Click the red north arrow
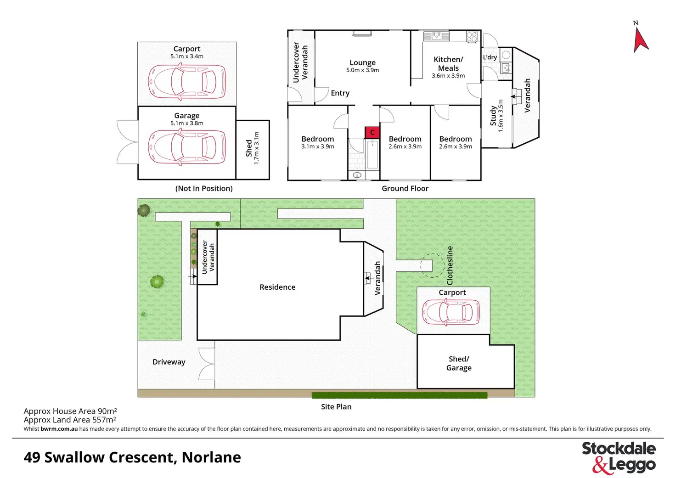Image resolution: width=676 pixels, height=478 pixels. [640, 40]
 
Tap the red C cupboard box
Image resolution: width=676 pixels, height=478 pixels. [372, 132]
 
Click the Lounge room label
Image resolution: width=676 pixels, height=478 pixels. [362, 63]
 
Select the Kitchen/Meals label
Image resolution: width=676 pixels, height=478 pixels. [448, 63]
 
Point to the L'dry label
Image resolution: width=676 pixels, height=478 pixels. [490, 57]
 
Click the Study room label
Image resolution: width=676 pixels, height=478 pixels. [493, 116]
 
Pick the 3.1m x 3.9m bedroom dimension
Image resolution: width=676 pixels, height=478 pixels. [318, 146]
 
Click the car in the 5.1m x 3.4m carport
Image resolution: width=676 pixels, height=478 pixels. [187, 82]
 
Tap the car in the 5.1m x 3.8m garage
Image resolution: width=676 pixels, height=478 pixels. [187, 147]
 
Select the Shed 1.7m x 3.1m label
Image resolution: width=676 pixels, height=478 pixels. [252, 148]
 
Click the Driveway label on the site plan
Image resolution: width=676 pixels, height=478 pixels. [169, 362]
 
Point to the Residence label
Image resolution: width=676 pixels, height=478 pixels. [277, 287]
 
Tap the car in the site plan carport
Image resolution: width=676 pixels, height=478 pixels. [451, 312]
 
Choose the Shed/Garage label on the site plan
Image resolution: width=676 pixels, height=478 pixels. [459, 363]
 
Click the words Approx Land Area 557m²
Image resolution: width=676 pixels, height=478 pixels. [70, 420]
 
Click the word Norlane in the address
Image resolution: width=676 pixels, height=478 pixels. [211, 457]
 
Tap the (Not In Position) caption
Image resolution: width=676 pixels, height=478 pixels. [204, 188]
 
